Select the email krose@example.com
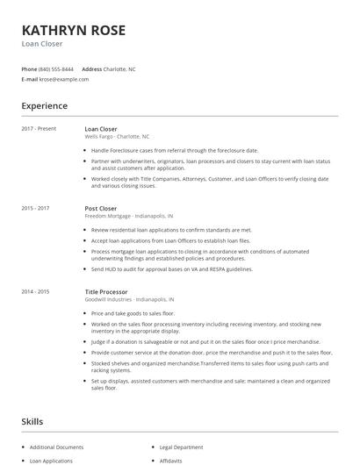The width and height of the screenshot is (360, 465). [x=64, y=79]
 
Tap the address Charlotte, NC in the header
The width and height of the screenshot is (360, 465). [x=120, y=68]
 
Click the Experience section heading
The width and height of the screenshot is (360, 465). [x=45, y=106]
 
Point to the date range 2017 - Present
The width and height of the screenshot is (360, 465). [x=39, y=129]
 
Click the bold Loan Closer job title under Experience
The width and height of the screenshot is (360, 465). [x=101, y=129]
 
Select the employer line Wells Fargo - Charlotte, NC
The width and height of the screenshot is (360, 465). [x=117, y=137]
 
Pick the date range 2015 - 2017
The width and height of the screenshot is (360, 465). [x=35, y=209]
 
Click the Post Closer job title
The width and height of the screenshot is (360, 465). [x=100, y=209]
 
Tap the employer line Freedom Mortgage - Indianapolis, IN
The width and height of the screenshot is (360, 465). [x=128, y=216]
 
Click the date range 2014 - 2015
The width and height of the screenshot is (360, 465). [x=35, y=290]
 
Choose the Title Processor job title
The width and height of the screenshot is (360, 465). [x=106, y=290]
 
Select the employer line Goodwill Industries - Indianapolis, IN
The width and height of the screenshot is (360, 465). [x=131, y=298]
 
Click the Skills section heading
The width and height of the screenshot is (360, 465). [x=33, y=422]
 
